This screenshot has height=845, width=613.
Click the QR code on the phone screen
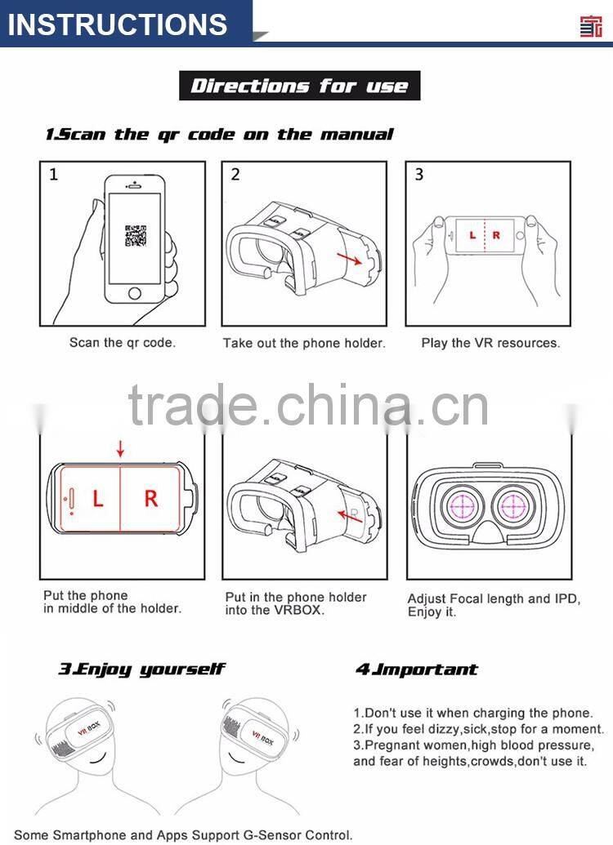tap(135, 235)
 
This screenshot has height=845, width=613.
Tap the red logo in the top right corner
tap(590, 24)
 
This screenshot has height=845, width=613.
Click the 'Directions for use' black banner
tap(299, 86)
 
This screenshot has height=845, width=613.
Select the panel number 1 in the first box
tap(54, 174)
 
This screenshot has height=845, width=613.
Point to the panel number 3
tap(419, 174)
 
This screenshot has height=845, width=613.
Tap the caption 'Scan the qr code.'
tap(122, 343)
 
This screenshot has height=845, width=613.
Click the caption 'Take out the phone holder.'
tap(303, 344)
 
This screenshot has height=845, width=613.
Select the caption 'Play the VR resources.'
tap(490, 343)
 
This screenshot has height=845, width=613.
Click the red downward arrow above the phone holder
tap(121, 448)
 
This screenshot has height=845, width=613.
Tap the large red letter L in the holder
tap(97, 499)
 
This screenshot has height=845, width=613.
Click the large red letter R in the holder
tap(150, 499)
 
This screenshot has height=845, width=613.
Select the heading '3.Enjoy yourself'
tap(141, 669)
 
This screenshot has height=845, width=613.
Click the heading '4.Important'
tap(416, 669)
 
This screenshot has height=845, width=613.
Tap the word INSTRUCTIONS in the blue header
tap(118, 24)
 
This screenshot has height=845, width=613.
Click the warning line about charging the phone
tap(472, 713)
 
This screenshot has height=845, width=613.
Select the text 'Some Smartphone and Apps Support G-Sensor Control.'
tap(184, 834)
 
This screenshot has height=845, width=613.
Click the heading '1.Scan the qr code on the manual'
tap(218, 134)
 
